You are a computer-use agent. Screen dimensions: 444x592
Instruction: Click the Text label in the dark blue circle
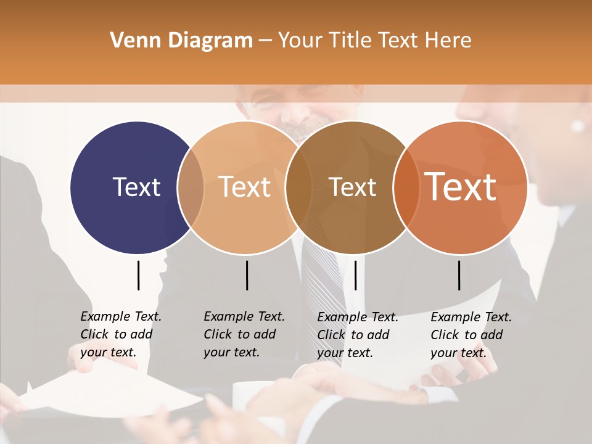pos(136,187)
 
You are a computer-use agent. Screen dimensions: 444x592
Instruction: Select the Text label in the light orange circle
pos(245,187)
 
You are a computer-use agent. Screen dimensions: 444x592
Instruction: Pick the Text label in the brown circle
pos(353,187)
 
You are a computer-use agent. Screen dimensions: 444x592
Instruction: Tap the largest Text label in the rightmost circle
pos(461,187)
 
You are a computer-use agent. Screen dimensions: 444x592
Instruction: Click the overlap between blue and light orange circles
pos(191,187)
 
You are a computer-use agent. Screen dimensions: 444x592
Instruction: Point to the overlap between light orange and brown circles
pos(298,187)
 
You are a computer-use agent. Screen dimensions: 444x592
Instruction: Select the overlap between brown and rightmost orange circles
pos(406,187)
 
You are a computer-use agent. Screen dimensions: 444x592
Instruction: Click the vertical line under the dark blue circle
pos(138,275)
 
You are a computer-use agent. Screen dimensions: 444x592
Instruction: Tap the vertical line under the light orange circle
pos(247,275)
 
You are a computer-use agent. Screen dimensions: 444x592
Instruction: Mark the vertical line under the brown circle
pos(355,275)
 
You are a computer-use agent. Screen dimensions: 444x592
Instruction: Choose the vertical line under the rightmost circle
pos(459,275)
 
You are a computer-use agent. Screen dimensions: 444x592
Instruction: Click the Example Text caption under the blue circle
pos(120,334)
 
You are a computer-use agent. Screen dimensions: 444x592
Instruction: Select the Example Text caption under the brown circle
pos(357,335)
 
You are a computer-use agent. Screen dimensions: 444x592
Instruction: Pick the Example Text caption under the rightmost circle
pos(471,335)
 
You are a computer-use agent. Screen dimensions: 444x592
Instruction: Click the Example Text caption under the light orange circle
pos(244,334)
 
